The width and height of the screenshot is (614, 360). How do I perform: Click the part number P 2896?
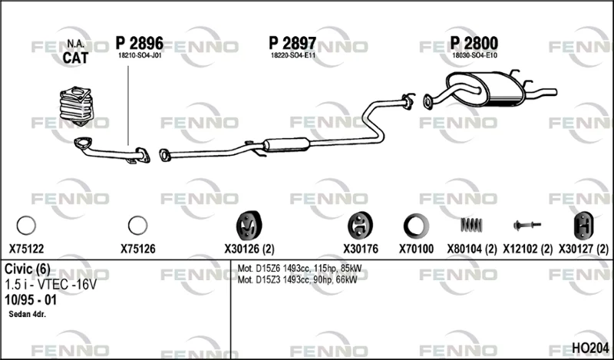coord(140,43)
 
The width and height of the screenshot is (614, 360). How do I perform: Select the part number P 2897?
coord(292,43)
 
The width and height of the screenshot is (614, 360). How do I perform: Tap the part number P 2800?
coord(474,43)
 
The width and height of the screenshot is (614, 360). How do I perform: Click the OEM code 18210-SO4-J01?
coord(140,55)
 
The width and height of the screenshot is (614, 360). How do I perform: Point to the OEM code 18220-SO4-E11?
coord(293,55)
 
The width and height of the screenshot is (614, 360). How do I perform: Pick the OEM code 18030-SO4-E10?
coord(474,55)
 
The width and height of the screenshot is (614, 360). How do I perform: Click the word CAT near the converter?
coord(75,58)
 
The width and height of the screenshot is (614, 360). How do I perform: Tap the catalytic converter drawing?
coord(76,106)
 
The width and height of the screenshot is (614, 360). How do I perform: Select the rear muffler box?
coord(486,88)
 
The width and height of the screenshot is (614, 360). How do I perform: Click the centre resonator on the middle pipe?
coord(286,144)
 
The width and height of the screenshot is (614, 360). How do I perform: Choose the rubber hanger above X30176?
coord(360,226)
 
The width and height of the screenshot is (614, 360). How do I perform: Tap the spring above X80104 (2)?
coord(471,225)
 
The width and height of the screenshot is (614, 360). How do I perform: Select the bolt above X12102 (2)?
coord(527,225)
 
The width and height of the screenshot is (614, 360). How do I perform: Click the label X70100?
coord(416,249)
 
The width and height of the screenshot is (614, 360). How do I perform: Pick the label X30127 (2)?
coord(583,249)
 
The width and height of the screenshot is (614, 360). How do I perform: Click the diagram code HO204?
coord(590,348)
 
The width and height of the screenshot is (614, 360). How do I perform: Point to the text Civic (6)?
coord(28,269)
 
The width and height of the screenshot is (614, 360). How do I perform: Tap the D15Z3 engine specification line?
coord(298,279)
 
